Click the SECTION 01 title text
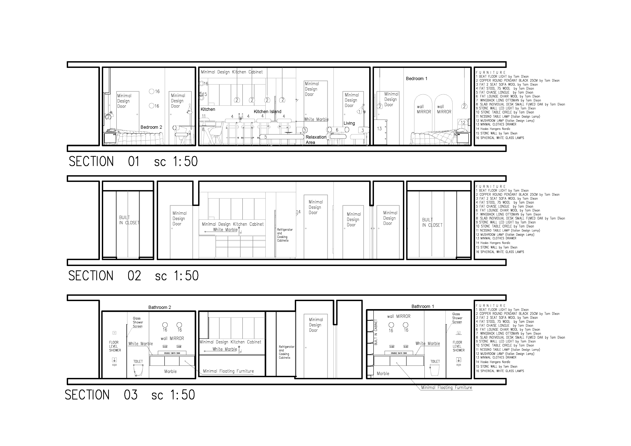click(x=133, y=162)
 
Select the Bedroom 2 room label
click(x=151, y=127)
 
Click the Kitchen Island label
click(x=267, y=112)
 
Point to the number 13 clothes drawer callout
click(x=379, y=129)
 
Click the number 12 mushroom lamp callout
click(x=463, y=123)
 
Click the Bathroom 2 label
click(x=160, y=307)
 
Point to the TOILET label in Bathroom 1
click(x=435, y=361)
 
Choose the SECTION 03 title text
click(x=129, y=395)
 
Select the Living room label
click(x=349, y=123)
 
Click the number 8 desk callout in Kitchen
click(x=203, y=129)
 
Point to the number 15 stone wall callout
click(x=204, y=94)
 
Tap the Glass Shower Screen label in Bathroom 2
click(x=138, y=322)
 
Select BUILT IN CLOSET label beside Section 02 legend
click(x=432, y=222)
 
